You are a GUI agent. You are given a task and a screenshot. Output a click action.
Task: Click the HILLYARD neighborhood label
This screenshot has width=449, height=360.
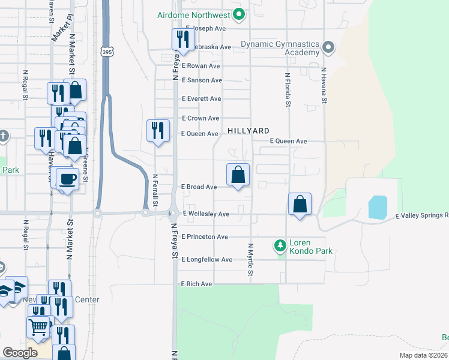pyautogui.click(x=248, y=130)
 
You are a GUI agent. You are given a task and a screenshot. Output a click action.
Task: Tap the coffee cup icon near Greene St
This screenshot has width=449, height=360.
pyautogui.click(x=68, y=178)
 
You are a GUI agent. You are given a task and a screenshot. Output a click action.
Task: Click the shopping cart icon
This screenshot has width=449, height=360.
pyautogui.click(x=38, y=327)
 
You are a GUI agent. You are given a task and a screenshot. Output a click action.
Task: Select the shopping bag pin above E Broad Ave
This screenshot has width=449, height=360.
pyautogui.click(x=238, y=175)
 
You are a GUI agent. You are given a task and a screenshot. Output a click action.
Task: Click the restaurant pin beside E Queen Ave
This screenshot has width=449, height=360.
pyautogui.click(x=157, y=130)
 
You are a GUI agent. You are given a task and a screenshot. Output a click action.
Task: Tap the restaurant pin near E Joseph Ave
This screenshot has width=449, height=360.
pyautogui.click(x=182, y=40)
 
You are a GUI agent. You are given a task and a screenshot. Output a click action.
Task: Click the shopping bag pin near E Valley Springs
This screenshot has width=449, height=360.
pyautogui.click(x=300, y=204)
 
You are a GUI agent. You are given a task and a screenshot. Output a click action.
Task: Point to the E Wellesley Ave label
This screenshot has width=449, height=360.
pyautogui.click(x=206, y=214)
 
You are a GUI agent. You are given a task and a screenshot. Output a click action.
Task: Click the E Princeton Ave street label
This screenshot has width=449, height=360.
pyautogui.click(x=205, y=237)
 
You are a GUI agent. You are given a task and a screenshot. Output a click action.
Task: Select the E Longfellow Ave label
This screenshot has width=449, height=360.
pyautogui.click(x=206, y=260)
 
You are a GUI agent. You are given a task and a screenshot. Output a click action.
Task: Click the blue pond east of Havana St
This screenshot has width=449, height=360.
pyautogui.click(x=377, y=208)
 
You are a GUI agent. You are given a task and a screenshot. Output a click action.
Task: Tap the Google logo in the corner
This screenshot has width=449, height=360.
pyautogui.click(x=20, y=353)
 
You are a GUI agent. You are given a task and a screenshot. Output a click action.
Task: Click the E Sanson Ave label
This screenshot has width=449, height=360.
pyautogui.click(x=202, y=80)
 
